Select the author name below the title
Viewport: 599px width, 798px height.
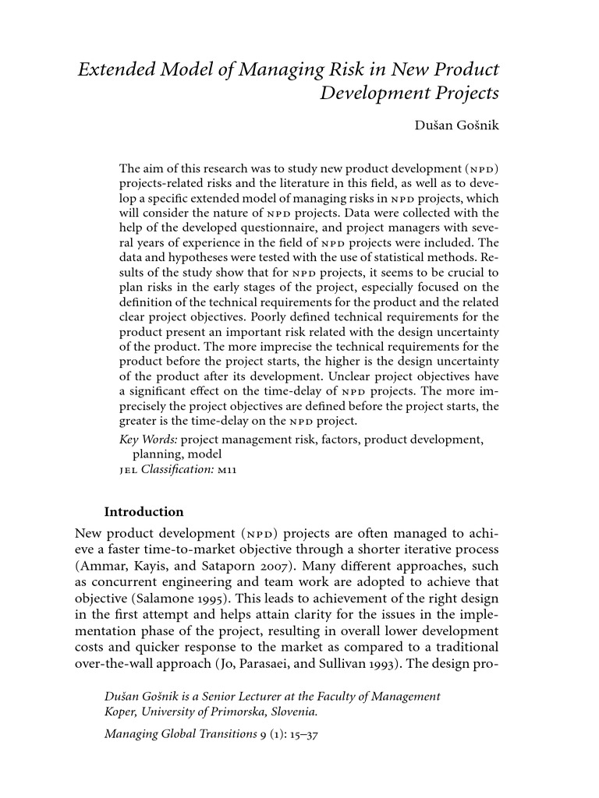tap(457, 125)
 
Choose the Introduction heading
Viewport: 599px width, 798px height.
tap(144, 512)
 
